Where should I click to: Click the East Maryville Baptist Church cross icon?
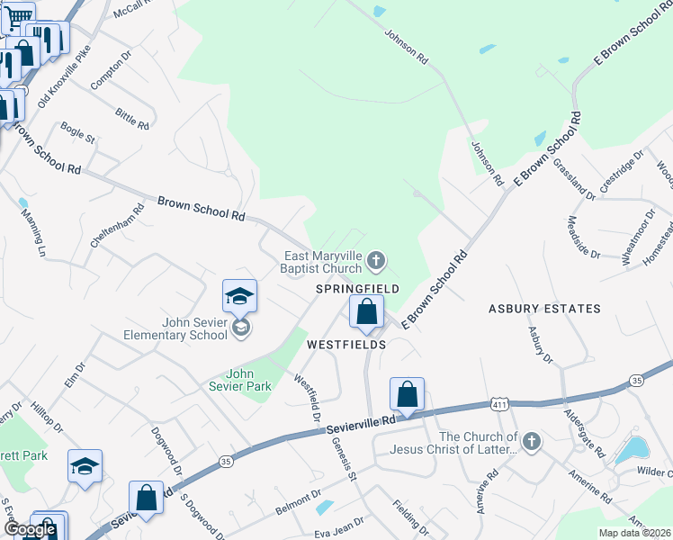[x=377, y=262]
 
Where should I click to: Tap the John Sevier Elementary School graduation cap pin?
[x=240, y=296]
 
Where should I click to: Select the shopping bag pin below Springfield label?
[x=367, y=312]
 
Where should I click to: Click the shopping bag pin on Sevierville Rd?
[x=407, y=394]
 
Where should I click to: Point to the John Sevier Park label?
[x=248, y=380]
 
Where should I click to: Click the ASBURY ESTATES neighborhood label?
[x=544, y=309]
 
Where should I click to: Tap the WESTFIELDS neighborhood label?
[x=346, y=345]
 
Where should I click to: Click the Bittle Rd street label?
[x=131, y=118]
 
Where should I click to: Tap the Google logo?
[x=30, y=529]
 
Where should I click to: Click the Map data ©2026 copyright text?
[x=634, y=533]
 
